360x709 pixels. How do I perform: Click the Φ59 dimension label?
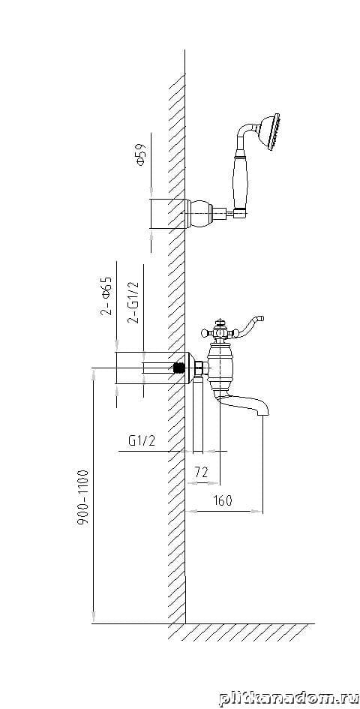tap(141, 155)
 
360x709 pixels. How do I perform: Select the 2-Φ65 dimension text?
tap(107, 296)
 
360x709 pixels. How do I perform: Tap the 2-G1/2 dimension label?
tap(133, 302)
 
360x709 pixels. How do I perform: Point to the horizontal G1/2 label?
tap(142, 440)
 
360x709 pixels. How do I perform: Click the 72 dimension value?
tap(201, 472)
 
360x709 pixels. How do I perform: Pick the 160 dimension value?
tap(222, 500)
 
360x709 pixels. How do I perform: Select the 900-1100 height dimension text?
tap(82, 498)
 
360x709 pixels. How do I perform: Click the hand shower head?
tap(269, 131)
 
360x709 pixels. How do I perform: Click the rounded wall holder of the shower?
tap(199, 213)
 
